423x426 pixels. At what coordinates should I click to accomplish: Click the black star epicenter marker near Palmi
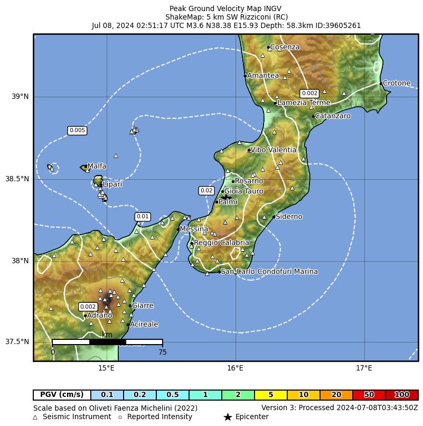pyautogui.click(x=225, y=197)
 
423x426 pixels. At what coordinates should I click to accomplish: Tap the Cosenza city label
pyautogui.click(x=285, y=47)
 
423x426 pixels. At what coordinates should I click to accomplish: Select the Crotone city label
pyautogui.click(x=396, y=83)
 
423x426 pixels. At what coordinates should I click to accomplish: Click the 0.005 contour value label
pyautogui.click(x=77, y=131)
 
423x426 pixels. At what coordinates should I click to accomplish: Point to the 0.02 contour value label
pyautogui.click(x=206, y=191)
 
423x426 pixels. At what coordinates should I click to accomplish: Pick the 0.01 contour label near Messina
pyautogui.click(x=143, y=217)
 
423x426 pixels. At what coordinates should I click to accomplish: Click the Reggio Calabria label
pyautogui.click(x=221, y=243)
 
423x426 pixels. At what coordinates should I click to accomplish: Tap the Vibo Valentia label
pyautogui.click(x=273, y=150)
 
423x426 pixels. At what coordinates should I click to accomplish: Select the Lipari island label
pyautogui.click(x=112, y=184)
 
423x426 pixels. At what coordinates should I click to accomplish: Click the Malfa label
pyautogui.click(x=97, y=166)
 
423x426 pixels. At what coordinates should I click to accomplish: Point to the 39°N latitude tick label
pyautogui.click(x=21, y=96)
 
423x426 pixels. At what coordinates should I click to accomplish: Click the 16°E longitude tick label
pyautogui.click(x=235, y=368)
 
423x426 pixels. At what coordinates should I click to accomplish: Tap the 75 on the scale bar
pyautogui.click(x=162, y=352)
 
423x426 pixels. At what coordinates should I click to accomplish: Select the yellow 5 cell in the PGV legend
pyautogui.click(x=270, y=395)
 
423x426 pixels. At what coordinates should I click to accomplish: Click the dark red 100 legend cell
pyautogui.click(x=401, y=395)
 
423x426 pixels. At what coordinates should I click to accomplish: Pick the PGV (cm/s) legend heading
pyautogui.click(x=62, y=395)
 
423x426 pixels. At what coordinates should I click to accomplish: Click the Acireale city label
pyautogui.click(x=144, y=325)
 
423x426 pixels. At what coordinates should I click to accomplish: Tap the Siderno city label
pyautogui.click(x=289, y=217)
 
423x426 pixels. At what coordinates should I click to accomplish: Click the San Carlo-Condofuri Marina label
pyautogui.click(x=269, y=272)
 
